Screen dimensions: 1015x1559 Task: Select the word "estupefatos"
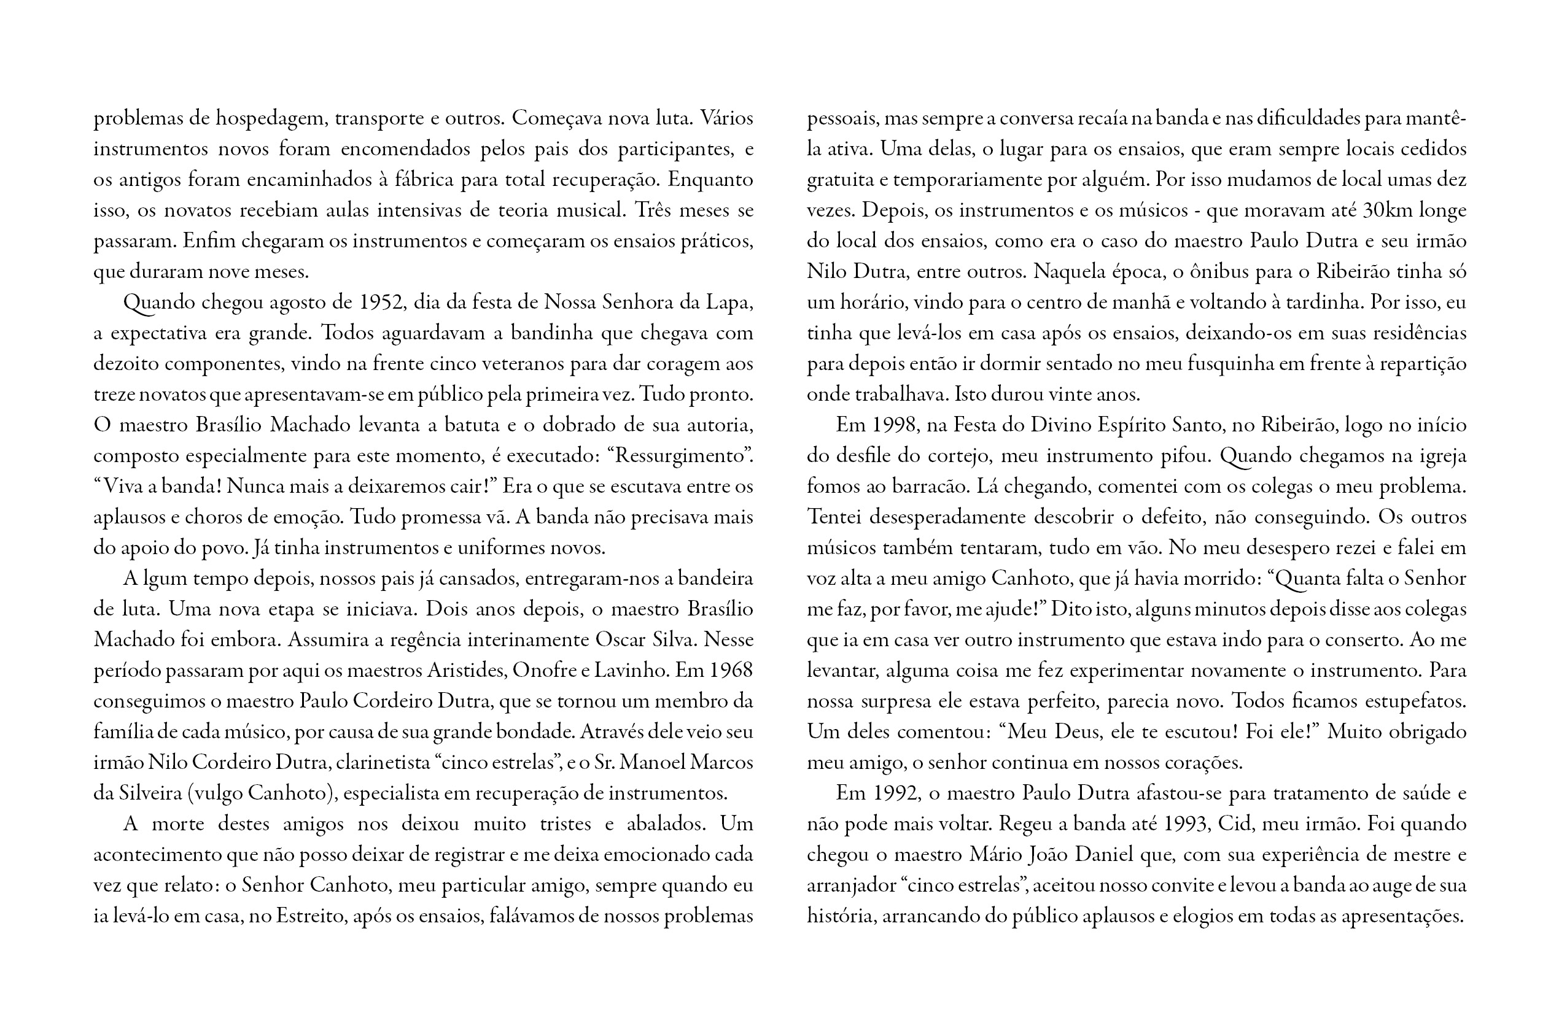1415,701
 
